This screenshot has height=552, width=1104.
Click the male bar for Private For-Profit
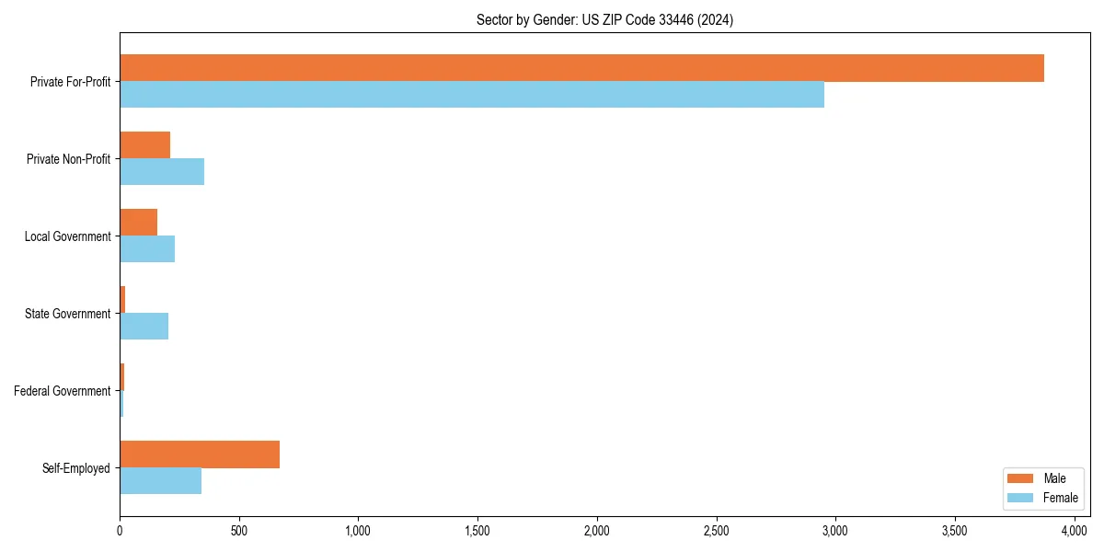click(581, 68)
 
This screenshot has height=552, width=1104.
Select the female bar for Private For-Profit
click(472, 95)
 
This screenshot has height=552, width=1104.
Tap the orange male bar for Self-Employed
click(200, 454)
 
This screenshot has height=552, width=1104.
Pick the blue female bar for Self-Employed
click(161, 481)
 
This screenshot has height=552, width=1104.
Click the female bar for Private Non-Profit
click(162, 172)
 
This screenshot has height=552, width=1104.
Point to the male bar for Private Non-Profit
click(145, 145)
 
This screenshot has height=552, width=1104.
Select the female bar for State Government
click(144, 327)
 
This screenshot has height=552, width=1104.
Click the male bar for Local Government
click(139, 223)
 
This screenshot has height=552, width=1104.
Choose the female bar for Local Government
click(147, 249)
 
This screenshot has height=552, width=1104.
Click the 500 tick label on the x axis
click(239, 531)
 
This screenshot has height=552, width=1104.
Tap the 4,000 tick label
click(1074, 531)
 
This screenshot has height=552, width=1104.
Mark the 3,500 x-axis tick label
click(955, 531)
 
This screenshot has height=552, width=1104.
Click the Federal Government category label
click(63, 391)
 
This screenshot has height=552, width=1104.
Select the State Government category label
click(68, 314)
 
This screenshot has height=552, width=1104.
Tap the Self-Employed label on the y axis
click(76, 468)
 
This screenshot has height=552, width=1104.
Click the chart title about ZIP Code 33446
click(604, 20)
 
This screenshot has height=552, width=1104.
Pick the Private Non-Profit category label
click(69, 159)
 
